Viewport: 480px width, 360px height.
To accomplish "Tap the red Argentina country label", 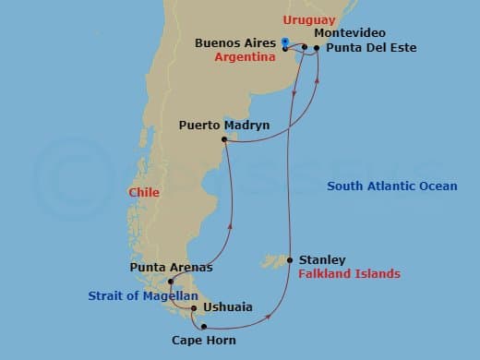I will (x=246, y=57).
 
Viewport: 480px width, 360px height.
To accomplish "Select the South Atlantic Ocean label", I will (x=392, y=186).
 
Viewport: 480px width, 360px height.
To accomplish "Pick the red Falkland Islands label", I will (x=349, y=274).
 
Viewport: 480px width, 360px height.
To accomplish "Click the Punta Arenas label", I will (x=172, y=268).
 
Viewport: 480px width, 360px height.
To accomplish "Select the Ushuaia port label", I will (x=226, y=308).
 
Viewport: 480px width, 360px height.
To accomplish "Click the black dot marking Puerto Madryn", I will (x=224, y=140).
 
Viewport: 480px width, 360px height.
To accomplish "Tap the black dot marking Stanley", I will (x=291, y=260).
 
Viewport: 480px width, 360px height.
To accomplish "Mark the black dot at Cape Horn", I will (x=203, y=326).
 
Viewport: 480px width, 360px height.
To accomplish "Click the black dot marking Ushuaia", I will (x=193, y=308).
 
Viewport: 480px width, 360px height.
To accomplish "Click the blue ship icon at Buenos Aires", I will (x=285, y=42).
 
